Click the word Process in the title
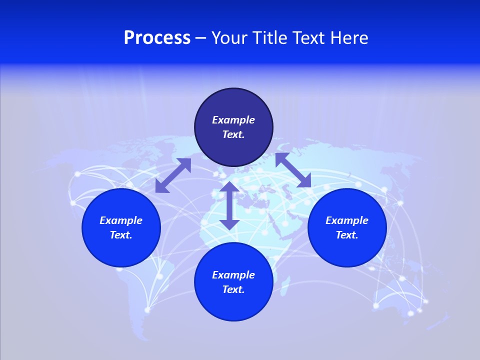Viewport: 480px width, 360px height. tap(157, 38)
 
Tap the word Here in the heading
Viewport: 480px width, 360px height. tap(348, 38)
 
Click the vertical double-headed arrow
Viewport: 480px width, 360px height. tap(229, 205)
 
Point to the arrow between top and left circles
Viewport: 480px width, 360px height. tap(173, 175)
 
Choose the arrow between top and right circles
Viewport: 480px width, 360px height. tap(293, 170)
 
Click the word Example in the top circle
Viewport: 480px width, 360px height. tap(233, 120)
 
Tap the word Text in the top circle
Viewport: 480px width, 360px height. tap(233, 134)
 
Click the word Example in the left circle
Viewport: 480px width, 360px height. tap(121, 220)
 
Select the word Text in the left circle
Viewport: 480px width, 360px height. tap(120, 235)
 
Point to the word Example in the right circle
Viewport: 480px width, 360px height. tap(347, 220)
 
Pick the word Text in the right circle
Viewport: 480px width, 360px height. tap(346, 235)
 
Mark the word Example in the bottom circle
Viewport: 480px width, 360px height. tap(233, 275)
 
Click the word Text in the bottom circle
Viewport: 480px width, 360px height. tap(233, 289)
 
